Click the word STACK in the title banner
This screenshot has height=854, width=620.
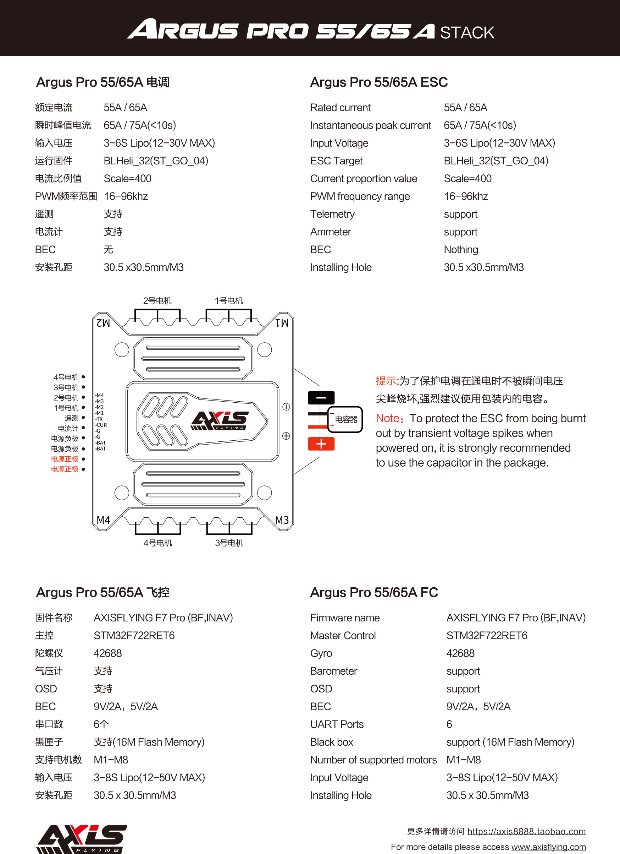coord(467,33)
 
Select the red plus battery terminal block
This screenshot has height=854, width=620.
coord(321,444)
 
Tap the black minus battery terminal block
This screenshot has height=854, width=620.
coord(321,398)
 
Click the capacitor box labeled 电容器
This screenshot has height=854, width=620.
coord(345,419)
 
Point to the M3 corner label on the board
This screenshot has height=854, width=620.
coord(282,520)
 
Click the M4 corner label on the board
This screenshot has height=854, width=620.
coord(104,520)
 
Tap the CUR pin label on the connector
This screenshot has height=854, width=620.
coord(101,425)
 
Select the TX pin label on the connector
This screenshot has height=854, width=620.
coord(99,419)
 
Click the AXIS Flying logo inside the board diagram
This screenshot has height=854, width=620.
coord(220,420)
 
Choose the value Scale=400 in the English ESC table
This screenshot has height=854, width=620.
coord(467,179)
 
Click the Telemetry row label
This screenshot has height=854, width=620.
coord(332,214)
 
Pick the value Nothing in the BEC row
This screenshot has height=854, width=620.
coord(461,249)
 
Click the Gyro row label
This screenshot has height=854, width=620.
coord(321,653)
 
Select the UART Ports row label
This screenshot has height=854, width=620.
coord(337,724)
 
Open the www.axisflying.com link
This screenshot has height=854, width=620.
coord(548,847)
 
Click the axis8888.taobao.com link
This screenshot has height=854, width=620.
coord(526,831)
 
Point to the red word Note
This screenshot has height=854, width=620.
coord(387,418)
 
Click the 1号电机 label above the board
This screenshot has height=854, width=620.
coord(229,300)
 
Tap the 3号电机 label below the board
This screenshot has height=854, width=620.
coord(229,543)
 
